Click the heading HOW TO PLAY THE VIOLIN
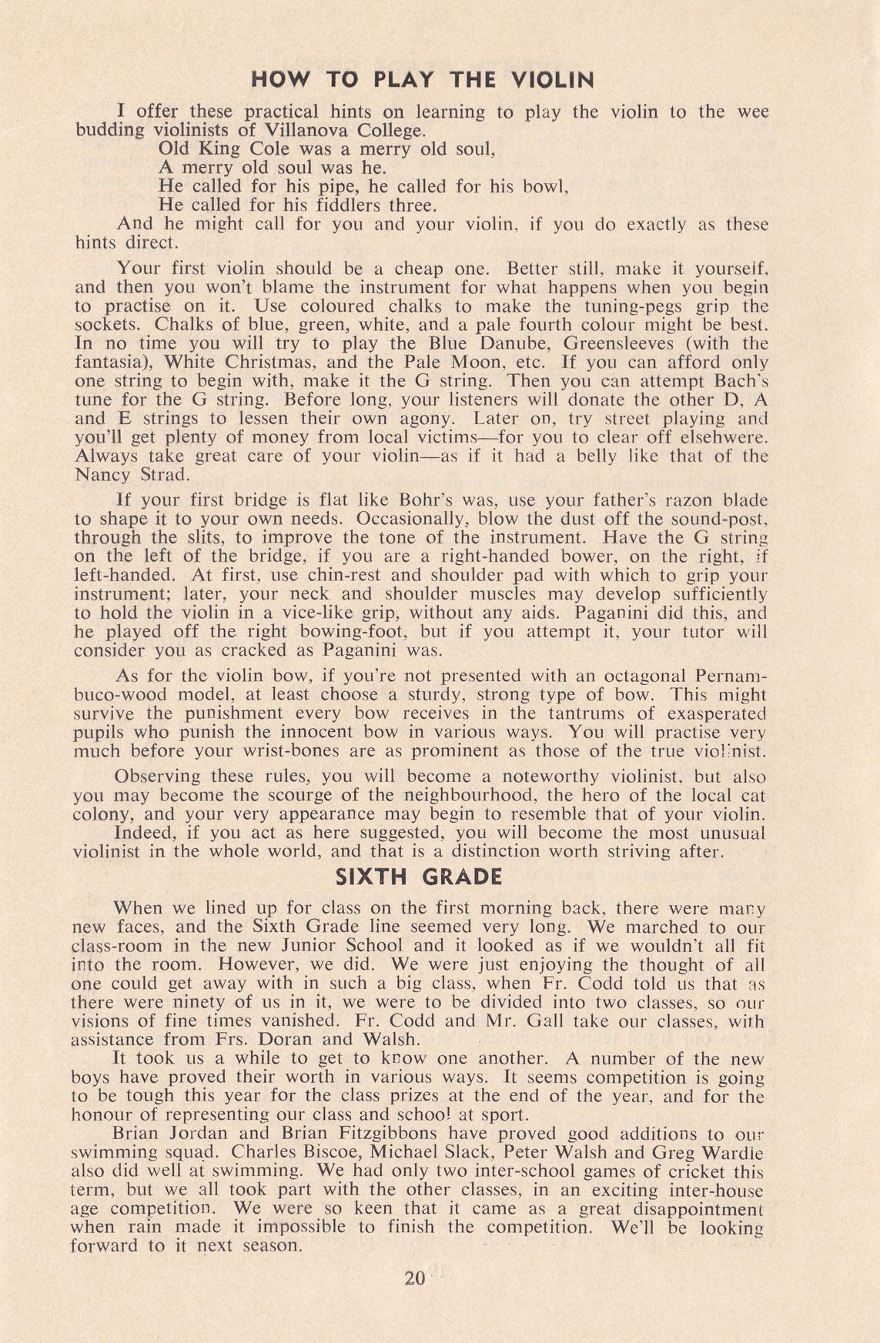click(x=423, y=80)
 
